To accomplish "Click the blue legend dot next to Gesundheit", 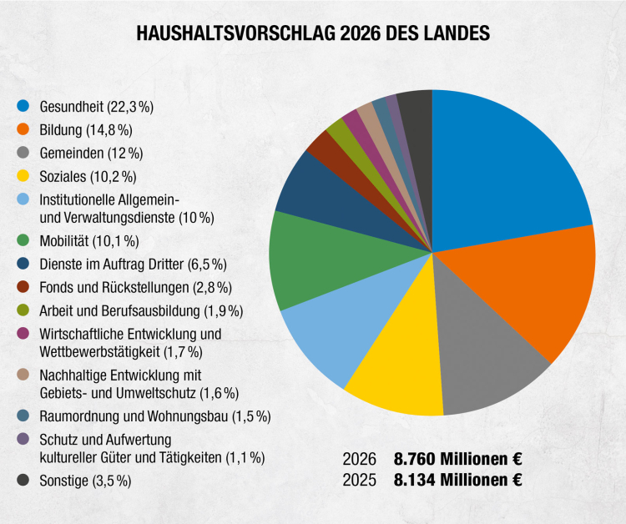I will tap(23, 106).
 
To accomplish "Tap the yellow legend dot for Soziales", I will tap(23, 176).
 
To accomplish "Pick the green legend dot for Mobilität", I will tap(23, 241).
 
